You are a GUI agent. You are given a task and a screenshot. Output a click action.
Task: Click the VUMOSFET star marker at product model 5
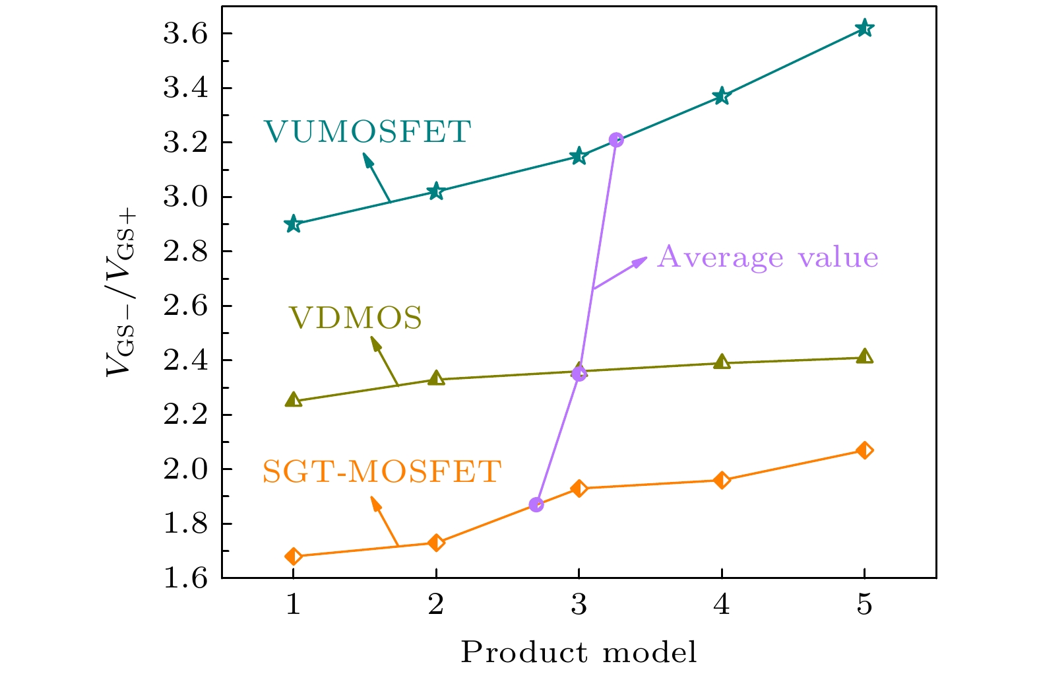pyautogui.click(x=864, y=28)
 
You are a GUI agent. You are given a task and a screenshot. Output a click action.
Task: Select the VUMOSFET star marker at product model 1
pyautogui.click(x=293, y=224)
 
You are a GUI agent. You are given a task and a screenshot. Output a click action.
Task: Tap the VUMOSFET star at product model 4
pyautogui.click(x=722, y=96)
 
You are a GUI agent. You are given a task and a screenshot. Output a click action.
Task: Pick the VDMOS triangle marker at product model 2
pyautogui.click(x=436, y=379)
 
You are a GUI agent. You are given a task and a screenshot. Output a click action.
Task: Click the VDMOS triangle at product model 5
pyautogui.click(x=864, y=357)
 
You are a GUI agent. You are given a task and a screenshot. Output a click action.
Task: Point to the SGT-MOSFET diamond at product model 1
pyautogui.click(x=293, y=557)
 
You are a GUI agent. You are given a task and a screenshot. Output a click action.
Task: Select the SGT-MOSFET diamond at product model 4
pyautogui.click(x=722, y=480)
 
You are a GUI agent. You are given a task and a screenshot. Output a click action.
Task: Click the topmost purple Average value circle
pyautogui.click(x=616, y=139)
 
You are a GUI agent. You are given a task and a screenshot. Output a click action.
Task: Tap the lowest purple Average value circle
pyautogui.click(x=536, y=505)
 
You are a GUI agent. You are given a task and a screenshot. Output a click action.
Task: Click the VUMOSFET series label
pyautogui.click(x=367, y=132)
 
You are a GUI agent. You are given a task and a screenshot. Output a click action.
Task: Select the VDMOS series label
pyautogui.click(x=356, y=318)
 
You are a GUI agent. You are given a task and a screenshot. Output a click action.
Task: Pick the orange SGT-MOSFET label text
pyautogui.click(x=382, y=472)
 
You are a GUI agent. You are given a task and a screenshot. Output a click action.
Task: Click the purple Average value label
pyautogui.click(x=768, y=257)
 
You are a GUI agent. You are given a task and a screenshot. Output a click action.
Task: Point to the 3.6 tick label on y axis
pyautogui.click(x=185, y=34)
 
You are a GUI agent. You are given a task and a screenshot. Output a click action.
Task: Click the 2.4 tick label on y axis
pyautogui.click(x=185, y=360)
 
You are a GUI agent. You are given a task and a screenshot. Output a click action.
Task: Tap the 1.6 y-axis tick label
pyautogui.click(x=185, y=578)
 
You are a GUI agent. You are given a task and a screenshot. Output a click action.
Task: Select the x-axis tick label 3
pyautogui.click(x=579, y=605)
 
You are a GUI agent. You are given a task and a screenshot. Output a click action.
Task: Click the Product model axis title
pyautogui.click(x=579, y=652)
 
